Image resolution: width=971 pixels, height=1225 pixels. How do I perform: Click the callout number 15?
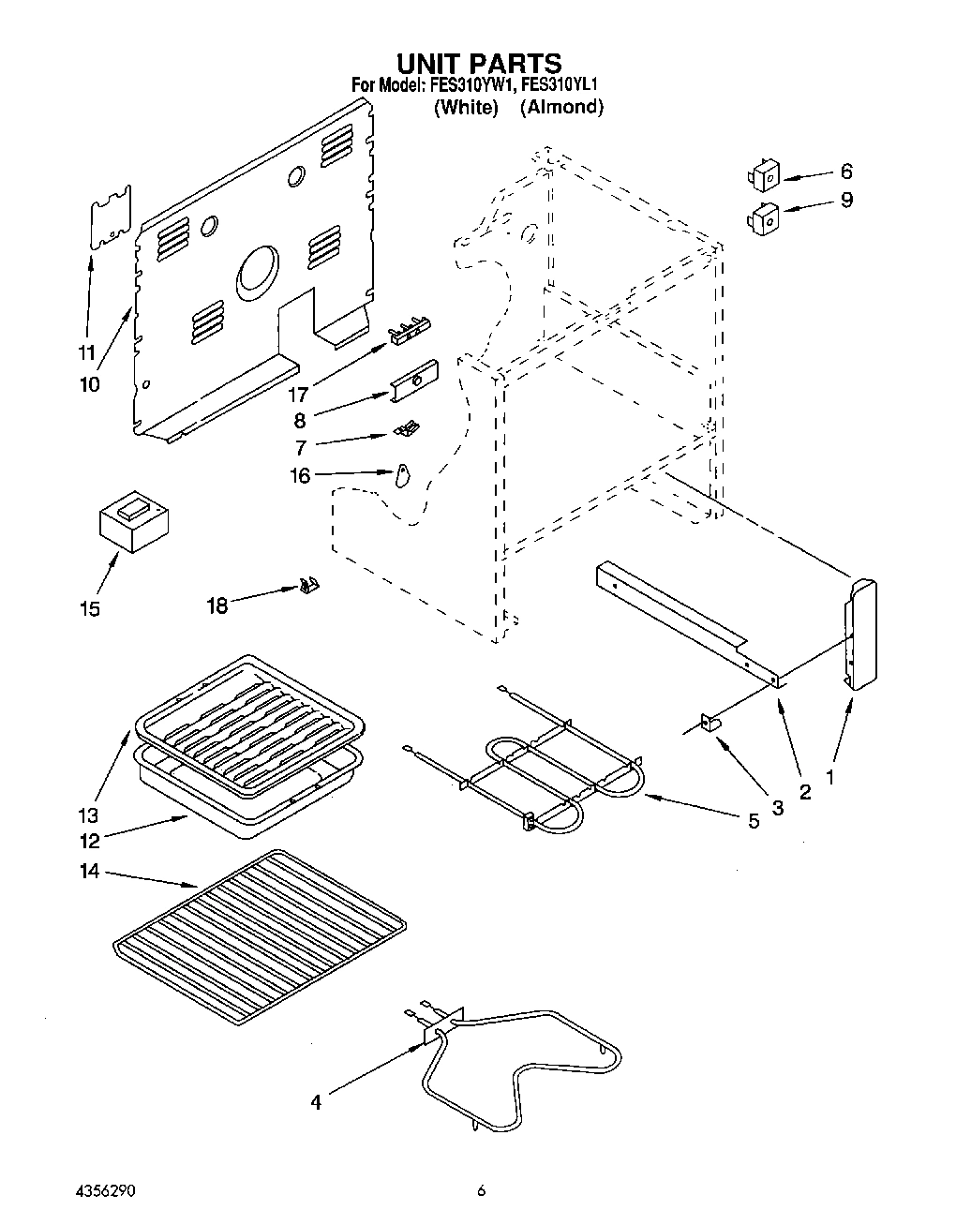tap(90, 609)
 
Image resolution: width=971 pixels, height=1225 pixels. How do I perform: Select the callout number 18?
tap(217, 605)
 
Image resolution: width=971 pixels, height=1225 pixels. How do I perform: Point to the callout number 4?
tap(316, 1102)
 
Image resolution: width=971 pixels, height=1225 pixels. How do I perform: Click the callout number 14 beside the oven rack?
tap(89, 872)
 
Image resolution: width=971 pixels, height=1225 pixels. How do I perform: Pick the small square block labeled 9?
tap(766, 218)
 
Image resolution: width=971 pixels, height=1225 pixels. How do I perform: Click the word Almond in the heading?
tap(561, 107)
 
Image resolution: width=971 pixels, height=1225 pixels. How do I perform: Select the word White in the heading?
tap(466, 107)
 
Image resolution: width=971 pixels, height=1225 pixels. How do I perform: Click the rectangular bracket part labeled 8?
tap(415, 380)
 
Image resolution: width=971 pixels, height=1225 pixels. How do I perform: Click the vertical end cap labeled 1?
tap(861, 635)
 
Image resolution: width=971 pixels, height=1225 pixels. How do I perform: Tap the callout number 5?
tap(753, 822)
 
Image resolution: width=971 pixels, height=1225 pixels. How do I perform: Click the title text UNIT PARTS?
tap(479, 64)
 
